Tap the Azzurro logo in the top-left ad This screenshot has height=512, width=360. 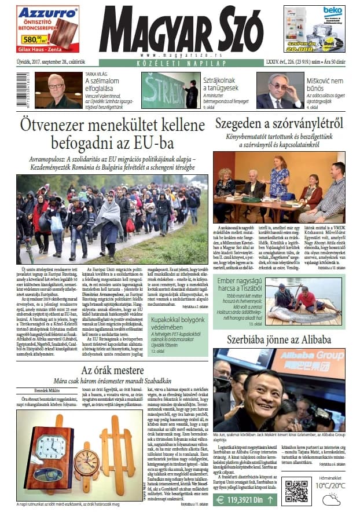40,12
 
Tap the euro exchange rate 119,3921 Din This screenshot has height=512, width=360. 248,500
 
